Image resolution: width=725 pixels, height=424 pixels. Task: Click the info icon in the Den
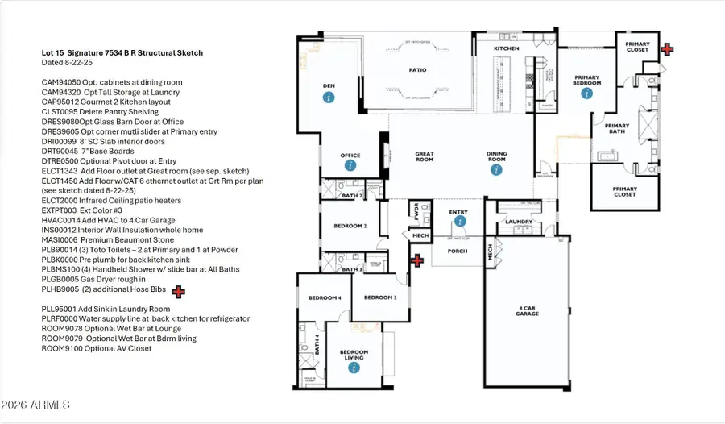(328, 98)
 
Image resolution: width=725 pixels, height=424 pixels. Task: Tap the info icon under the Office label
(350, 165)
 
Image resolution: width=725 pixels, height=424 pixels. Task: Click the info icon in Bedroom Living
(353, 368)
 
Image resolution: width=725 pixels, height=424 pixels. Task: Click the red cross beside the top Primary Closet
(666, 49)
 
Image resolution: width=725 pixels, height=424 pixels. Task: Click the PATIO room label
(416, 70)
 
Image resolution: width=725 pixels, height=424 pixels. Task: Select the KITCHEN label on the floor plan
(506, 49)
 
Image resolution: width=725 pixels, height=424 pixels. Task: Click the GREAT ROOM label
(425, 156)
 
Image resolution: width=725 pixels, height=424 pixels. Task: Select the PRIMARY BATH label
(617, 129)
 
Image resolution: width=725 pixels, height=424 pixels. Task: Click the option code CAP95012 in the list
(61, 102)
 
